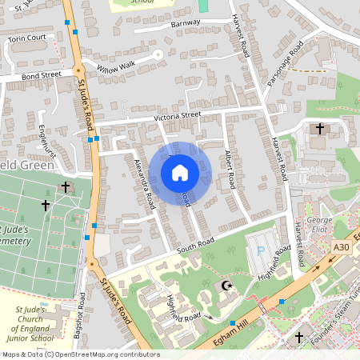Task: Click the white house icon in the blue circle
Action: [x=180, y=173]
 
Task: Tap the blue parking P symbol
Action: [x=260, y=251]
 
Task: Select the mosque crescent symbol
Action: [x=225, y=285]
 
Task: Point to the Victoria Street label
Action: [x=177, y=117]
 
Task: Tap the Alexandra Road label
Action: [x=144, y=183]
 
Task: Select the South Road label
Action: [x=197, y=242]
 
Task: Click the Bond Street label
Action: [x=41, y=75]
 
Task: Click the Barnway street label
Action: [x=185, y=25]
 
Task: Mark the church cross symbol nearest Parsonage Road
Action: [x=320, y=127]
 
